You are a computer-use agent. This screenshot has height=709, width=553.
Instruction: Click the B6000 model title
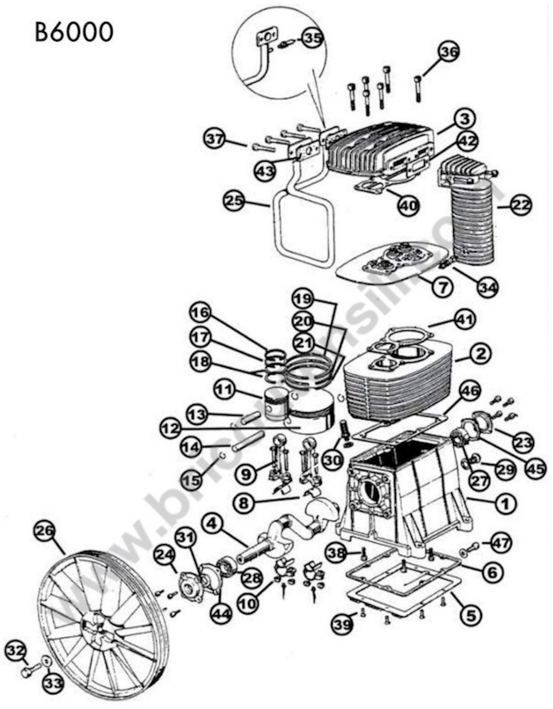click(74, 33)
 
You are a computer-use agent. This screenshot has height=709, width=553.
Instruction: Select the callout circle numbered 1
click(505, 504)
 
